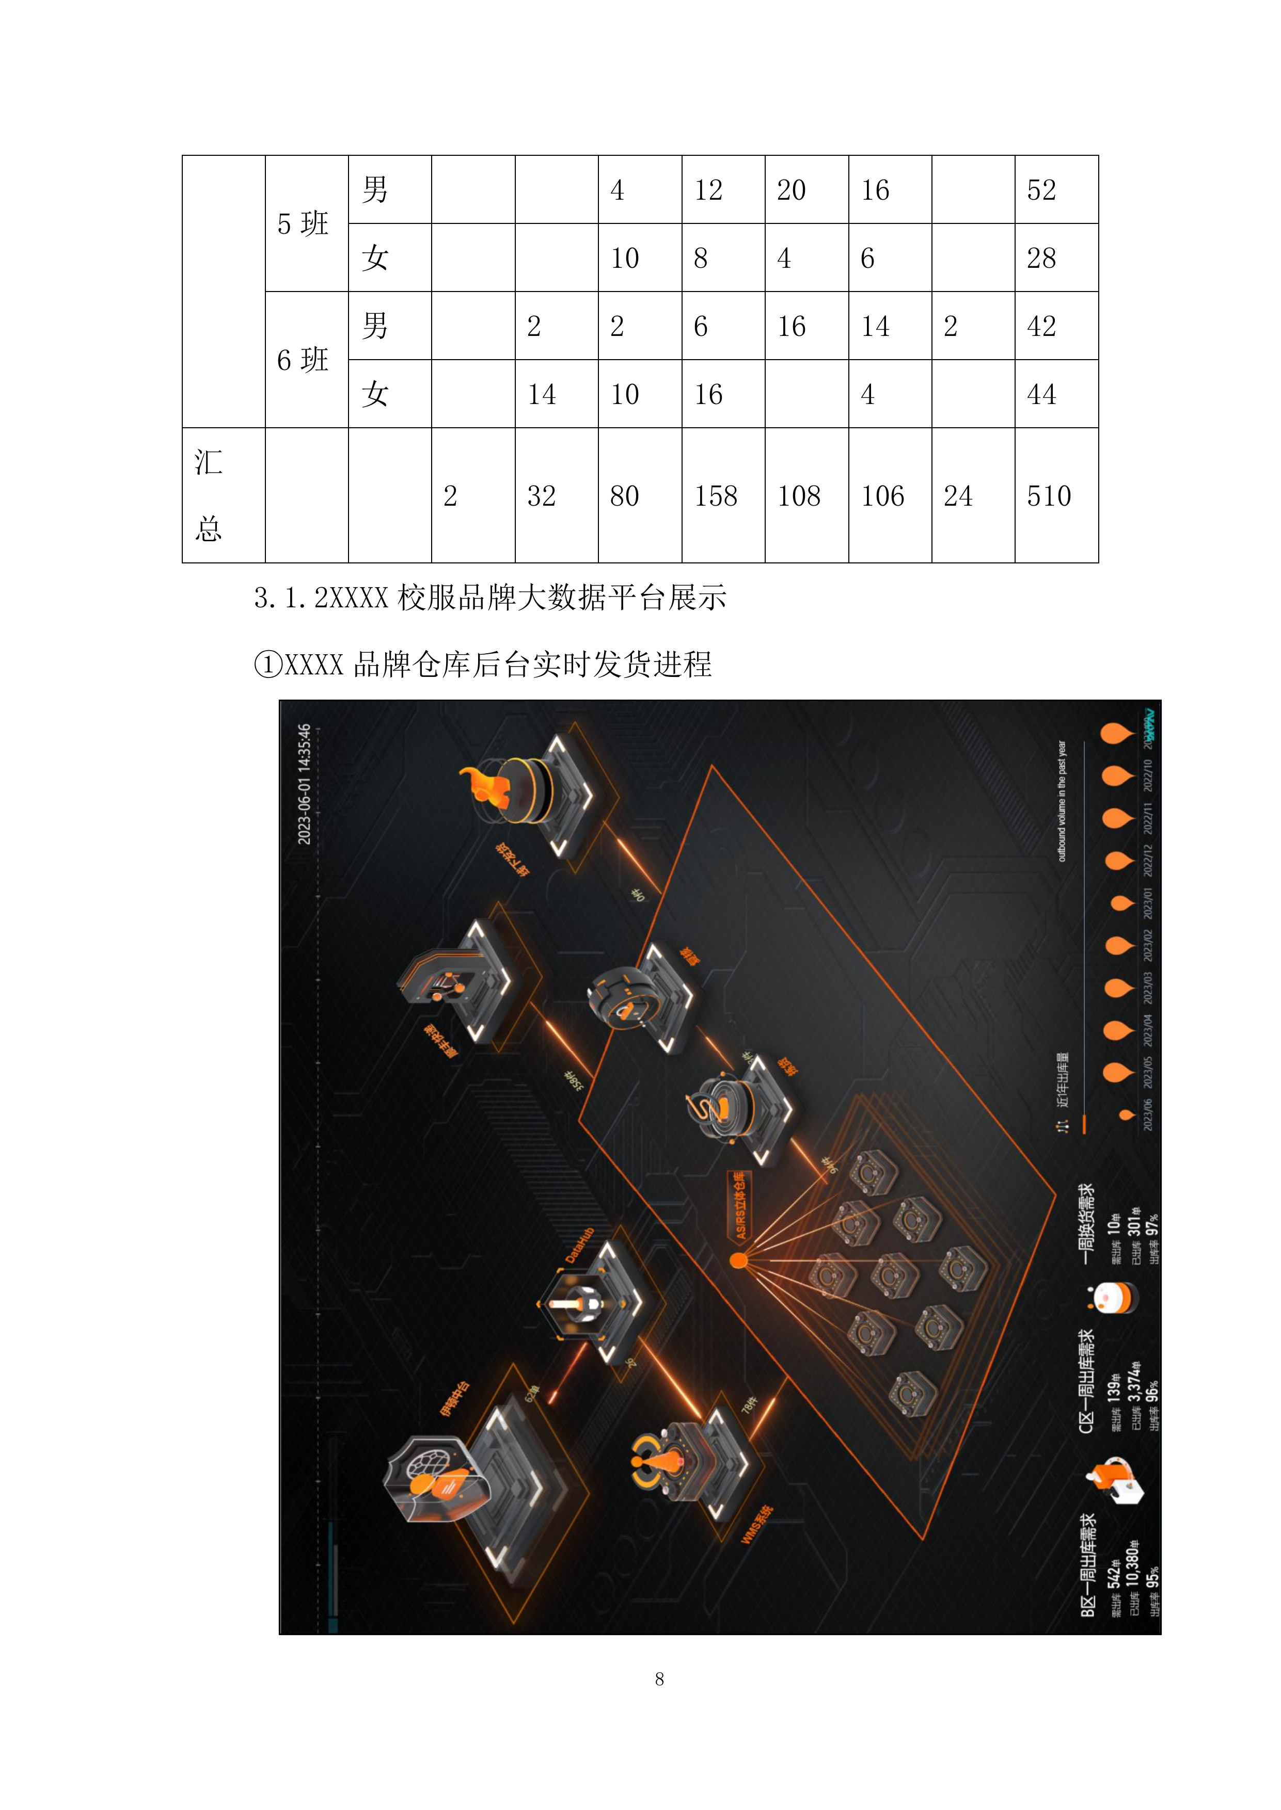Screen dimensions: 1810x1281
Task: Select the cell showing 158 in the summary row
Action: [716, 496]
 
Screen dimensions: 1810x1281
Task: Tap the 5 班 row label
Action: [303, 224]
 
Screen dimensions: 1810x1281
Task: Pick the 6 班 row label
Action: [303, 360]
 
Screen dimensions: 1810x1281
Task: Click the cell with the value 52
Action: [1041, 190]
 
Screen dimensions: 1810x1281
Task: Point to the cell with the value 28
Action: [1041, 258]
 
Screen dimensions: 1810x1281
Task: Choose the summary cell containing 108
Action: [799, 496]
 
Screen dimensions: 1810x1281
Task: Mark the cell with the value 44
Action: [1041, 394]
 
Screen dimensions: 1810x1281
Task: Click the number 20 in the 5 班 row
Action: [791, 190]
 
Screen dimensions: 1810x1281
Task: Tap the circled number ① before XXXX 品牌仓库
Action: [268, 665]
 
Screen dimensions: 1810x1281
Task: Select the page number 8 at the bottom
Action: [659, 1679]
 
